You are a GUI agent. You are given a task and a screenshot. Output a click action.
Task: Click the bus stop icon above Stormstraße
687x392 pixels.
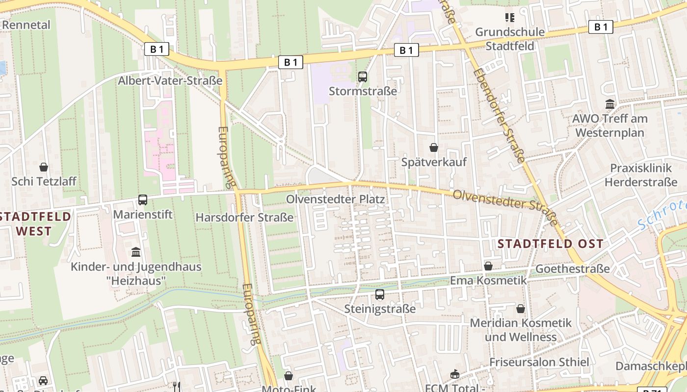click(363, 76)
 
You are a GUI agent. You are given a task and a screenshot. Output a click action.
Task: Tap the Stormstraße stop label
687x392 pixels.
click(363, 91)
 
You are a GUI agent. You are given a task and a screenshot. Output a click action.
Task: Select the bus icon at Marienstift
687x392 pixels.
click(143, 200)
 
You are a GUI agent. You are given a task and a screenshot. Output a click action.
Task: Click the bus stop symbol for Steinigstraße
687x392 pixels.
click(380, 294)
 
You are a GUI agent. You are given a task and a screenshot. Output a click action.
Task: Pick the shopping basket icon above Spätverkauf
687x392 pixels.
click(434, 147)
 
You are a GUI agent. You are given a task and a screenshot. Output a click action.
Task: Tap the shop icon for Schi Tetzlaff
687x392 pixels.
click(44, 167)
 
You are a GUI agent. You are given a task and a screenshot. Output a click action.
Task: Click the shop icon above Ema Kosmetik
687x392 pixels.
click(488, 266)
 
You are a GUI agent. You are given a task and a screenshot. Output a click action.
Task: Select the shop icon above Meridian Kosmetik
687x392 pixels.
click(521, 309)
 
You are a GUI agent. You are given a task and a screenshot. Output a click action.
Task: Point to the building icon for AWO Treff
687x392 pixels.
click(610, 104)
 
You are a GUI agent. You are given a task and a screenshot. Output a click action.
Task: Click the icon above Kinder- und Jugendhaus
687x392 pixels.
click(136, 252)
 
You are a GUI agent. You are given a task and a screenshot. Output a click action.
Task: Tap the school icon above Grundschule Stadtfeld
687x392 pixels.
click(510, 18)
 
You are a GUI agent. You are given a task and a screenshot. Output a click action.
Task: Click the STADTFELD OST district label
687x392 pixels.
click(550, 244)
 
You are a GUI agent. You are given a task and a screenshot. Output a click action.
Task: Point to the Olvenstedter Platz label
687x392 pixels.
click(335, 199)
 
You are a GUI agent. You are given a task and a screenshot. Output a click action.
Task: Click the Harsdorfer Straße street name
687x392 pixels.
click(244, 217)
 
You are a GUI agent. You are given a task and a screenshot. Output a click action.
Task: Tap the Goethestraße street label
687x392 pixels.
click(572, 269)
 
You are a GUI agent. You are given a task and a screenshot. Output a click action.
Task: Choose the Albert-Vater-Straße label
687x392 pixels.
click(170, 80)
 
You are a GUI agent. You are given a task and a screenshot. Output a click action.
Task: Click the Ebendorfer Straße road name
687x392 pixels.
click(499, 115)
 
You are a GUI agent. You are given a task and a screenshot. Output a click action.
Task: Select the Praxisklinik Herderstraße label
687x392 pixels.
click(640, 175)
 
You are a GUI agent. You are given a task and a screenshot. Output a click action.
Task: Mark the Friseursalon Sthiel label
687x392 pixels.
click(539, 362)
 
